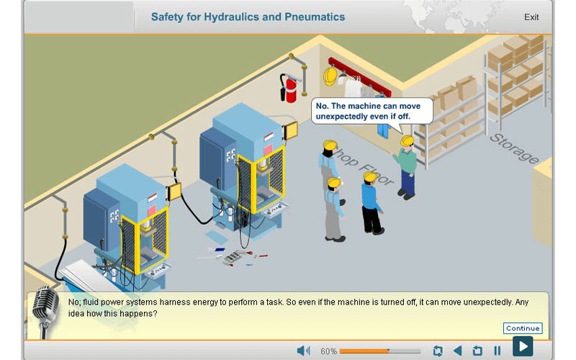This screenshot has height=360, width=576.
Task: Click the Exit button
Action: click(531, 17)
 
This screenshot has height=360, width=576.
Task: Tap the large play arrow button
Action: click(523, 346)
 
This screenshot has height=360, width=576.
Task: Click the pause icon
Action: click(497, 351)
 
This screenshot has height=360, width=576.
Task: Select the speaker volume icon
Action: click(303, 351)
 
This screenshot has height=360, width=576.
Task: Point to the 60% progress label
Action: click(328, 351)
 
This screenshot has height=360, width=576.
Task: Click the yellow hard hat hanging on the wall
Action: click(330, 76)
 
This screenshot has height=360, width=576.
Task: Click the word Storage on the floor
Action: click(514, 148)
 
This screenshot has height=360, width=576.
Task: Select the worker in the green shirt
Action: click(408, 166)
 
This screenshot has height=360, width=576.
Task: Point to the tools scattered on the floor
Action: click(234, 256)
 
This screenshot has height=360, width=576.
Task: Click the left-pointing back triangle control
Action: click(457, 351)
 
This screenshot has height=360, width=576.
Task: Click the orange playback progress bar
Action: click(379, 351)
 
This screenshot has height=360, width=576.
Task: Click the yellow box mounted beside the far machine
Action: click(291, 130)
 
